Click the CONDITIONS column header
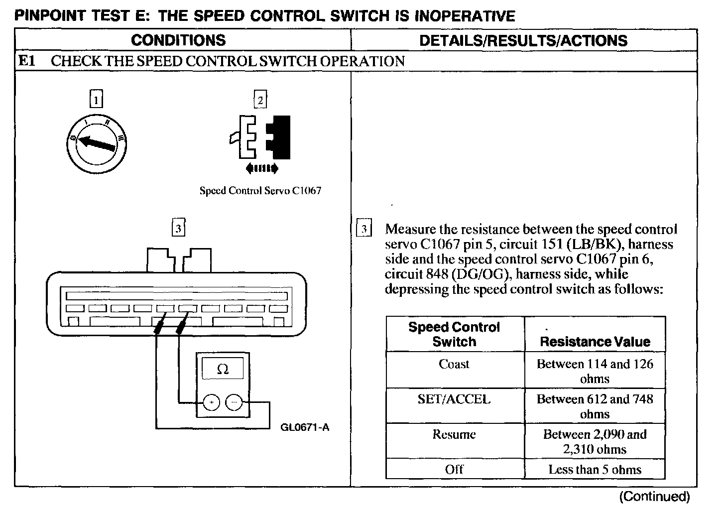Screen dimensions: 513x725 (x=178, y=40)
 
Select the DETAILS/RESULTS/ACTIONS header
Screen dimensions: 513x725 (x=523, y=40)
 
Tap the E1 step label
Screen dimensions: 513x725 (x=26, y=61)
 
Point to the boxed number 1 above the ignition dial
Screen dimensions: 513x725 (x=96, y=100)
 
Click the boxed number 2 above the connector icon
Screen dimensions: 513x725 (x=260, y=100)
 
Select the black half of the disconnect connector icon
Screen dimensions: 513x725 (x=279, y=133)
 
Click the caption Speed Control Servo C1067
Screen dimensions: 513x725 (x=260, y=191)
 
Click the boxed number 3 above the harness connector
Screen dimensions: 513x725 (x=178, y=229)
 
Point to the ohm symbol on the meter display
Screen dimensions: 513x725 (x=223, y=369)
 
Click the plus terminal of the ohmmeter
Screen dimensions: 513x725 (x=212, y=402)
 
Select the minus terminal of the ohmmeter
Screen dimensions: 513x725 (x=234, y=402)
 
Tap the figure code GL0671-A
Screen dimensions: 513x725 (x=305, y=427)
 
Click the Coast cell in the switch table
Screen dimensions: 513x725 (x=454, y=364)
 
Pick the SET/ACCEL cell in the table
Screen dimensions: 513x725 (x=454, y=399)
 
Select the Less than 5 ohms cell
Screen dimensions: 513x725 (x=595, y=469)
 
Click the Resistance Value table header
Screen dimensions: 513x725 (x=595, y=342)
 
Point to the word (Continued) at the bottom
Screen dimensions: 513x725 (x=654, y=496)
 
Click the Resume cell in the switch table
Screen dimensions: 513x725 (x=454, y=434)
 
